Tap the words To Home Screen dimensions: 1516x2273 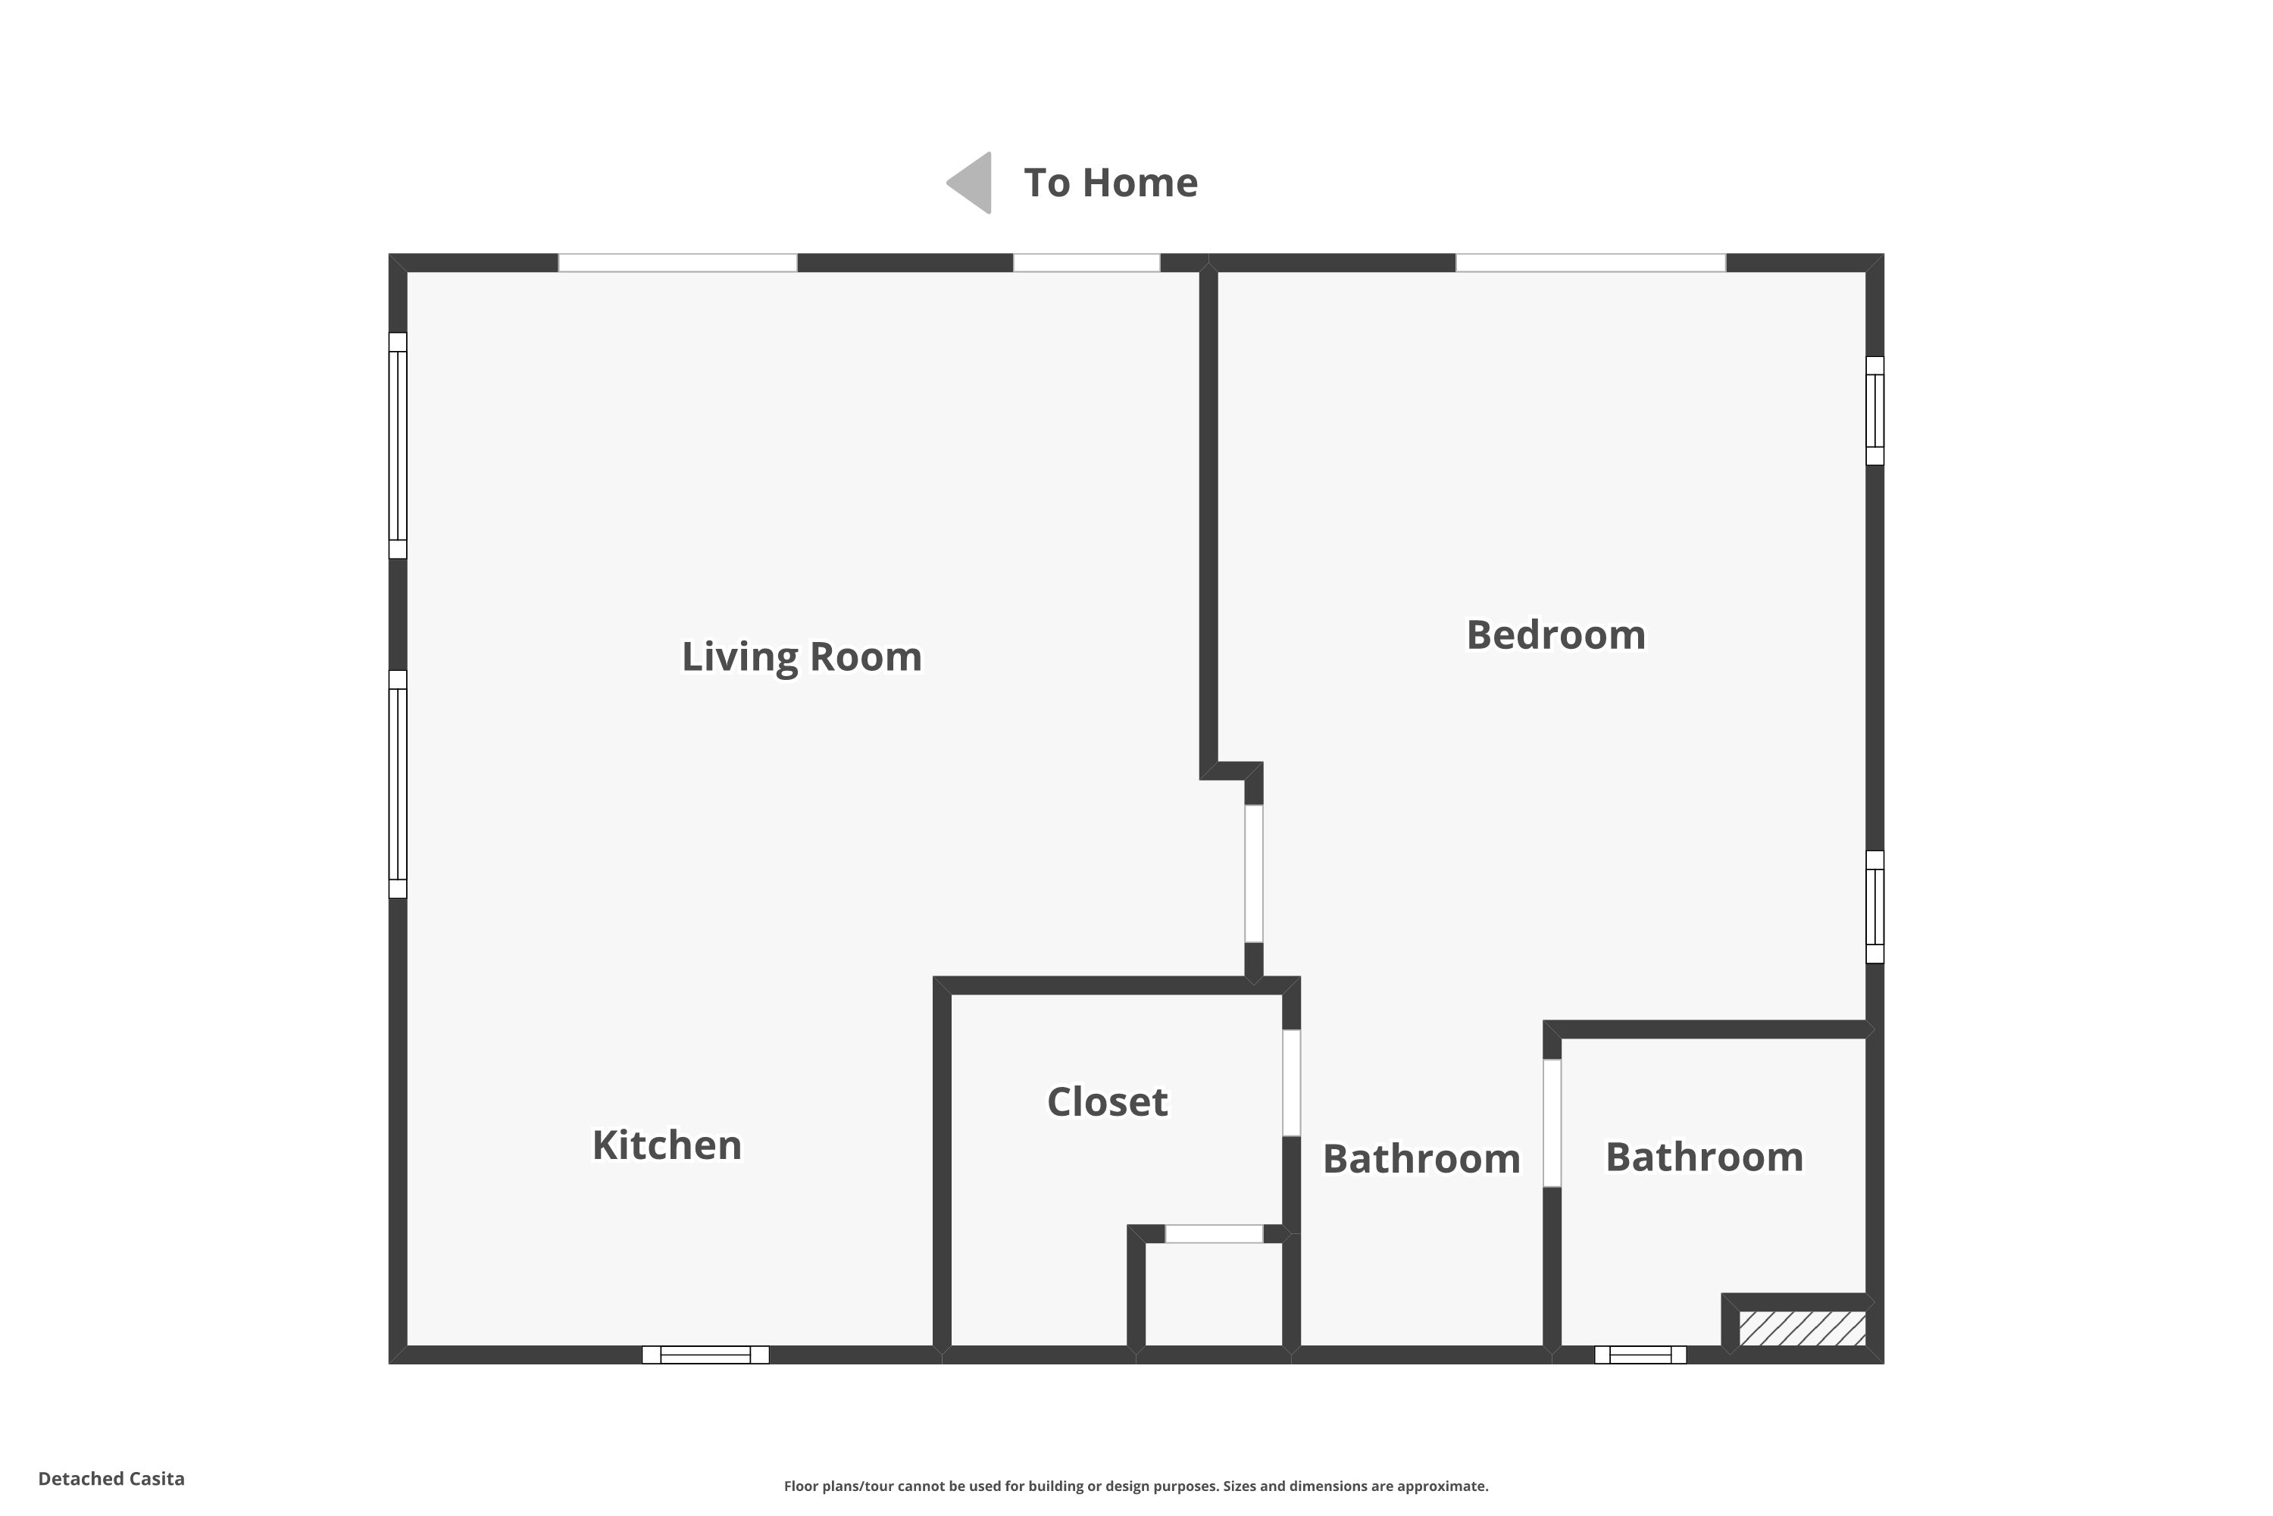[1111, 183]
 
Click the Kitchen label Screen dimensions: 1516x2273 [667, 1145]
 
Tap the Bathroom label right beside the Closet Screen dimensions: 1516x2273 [1421, 1158]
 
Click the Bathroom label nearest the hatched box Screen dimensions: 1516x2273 [1704, 1157]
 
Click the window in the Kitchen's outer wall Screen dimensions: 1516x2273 [705, 1355]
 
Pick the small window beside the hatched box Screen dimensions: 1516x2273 [1640, 1355]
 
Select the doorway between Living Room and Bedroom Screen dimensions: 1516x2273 [1253, 873]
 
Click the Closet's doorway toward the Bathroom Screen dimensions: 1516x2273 [1291, 1083]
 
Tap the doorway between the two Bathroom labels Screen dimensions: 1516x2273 [1552, 1123]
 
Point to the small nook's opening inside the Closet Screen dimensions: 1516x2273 [1214, 1234]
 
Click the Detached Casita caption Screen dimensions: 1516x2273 [111, 1478]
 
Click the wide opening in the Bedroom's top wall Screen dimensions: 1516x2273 [1590, 263]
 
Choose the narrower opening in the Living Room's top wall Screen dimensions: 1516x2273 [1086, 263]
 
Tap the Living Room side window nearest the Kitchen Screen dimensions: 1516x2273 [397, 784]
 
